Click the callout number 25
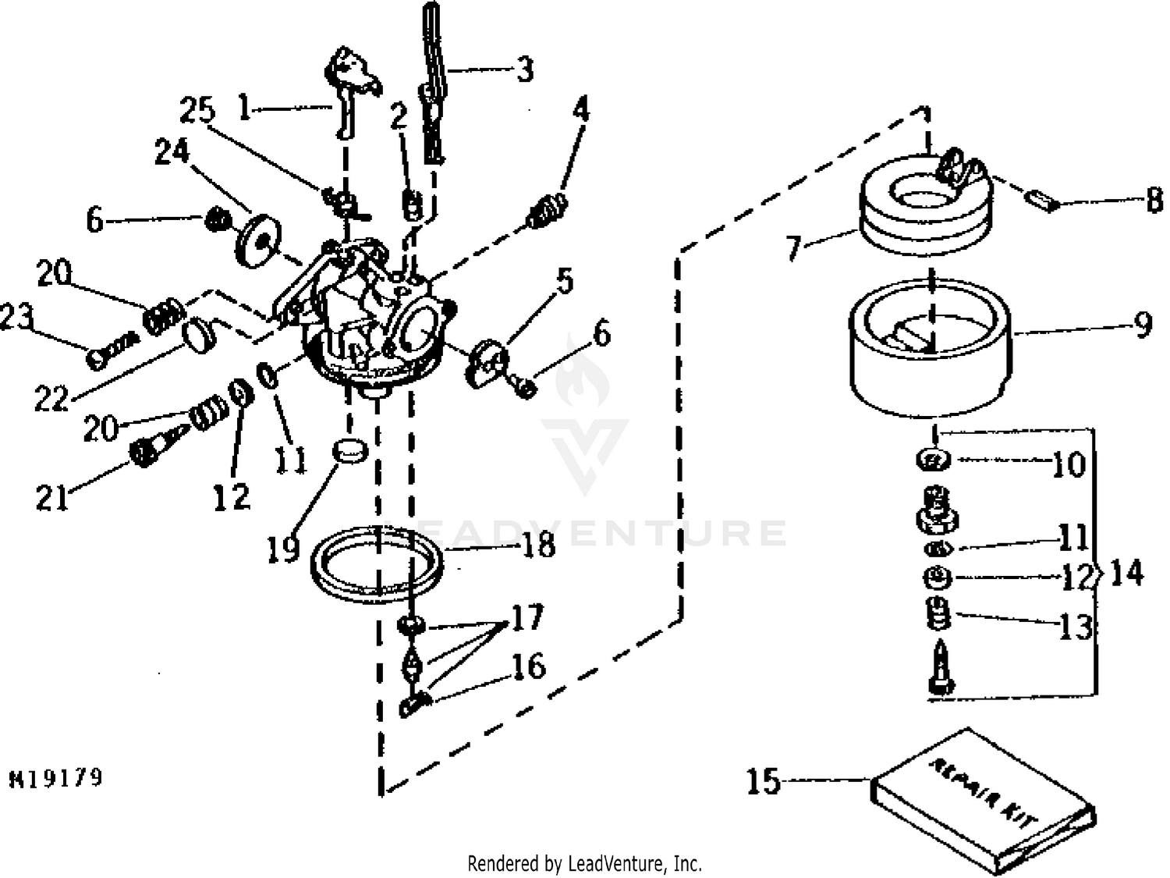click(x=197, y=110)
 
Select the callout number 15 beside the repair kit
click(x=763, y=781)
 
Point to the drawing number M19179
click(x=56, y=778)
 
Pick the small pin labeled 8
click(x=1042, y=202)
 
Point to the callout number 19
click(x=283, y=549)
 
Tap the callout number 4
click(x=581, y=110)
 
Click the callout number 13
click(x=1076, y=627)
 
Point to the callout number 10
click(x=1068, y=465)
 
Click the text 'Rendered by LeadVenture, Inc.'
click(x=584, y=864)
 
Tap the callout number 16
click(x=528, y=666)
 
